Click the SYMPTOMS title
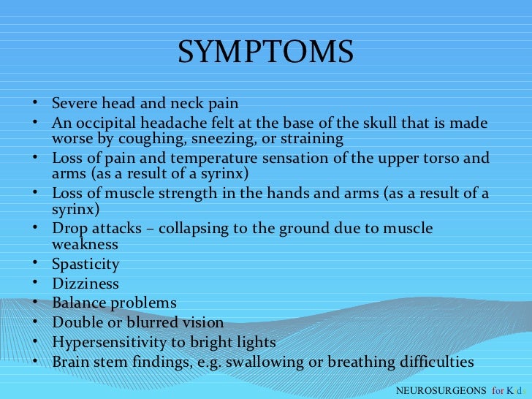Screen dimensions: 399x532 click(x=265, y=52)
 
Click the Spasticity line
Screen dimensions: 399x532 click(x=85, y=264)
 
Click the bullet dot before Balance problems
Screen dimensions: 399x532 click(x=36, y=303)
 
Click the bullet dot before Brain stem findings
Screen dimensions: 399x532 click(x=36, y=362)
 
